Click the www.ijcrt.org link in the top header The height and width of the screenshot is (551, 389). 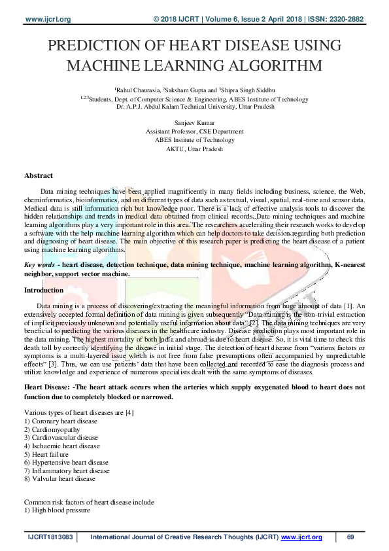pyautogui.click(x=48, y=18)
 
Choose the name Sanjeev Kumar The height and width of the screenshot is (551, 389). pyautogui.click(x=194, y=123)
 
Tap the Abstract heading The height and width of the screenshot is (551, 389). pyautogui.click(x=39, y=175)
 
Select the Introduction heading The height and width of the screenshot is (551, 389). pyautogui.click(x=44, y=289)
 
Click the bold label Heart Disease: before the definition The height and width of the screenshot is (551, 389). pyautogui.click(x=48, y=387)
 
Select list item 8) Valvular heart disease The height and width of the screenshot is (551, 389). pyautogui.click(x=59, y=479)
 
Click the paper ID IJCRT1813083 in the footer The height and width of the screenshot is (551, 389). pyautogui.click(x=50, y=537)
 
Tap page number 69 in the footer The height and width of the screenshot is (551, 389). pyautogui.click(x=350, y=537)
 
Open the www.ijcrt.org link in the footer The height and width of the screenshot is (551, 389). pyautogui.click(x=302, y=537)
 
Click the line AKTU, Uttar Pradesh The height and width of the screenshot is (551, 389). pyautogui.click(x=194, y=149)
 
